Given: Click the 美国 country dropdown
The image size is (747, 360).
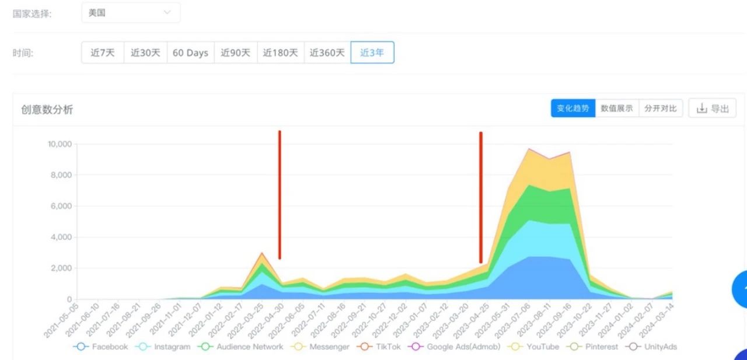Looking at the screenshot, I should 131,13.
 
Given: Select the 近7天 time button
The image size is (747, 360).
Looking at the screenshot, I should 103,53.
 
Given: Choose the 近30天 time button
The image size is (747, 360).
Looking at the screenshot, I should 145,53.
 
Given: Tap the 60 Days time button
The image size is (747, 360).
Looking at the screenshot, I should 190,53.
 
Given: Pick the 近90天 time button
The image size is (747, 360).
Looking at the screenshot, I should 236,53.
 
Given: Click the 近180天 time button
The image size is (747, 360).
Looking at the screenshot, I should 281,53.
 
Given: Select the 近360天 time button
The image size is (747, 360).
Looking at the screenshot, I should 327,53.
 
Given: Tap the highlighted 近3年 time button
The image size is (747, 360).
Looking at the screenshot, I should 372,53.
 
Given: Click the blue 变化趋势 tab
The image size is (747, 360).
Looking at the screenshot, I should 573,109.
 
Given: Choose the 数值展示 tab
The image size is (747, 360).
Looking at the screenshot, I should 617,109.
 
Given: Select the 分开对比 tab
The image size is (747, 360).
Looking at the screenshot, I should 661,109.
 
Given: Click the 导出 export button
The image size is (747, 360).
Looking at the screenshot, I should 713,109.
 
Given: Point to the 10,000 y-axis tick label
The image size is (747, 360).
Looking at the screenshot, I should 60,144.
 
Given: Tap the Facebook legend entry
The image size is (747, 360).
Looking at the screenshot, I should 101,347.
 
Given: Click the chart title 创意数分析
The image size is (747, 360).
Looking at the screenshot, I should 47,110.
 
